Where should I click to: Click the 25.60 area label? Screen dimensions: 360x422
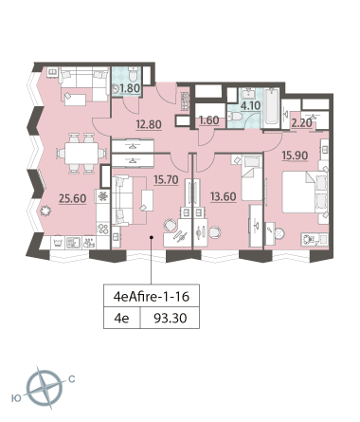[73, 198]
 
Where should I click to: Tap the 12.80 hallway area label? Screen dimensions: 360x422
[149, 124]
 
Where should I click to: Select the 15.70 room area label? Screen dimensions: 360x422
[166, 180]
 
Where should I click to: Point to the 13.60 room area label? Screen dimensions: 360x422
[224, 196]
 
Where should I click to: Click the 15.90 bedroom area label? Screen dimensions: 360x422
[295, 156]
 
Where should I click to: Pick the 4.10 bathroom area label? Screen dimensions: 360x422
[250, 105]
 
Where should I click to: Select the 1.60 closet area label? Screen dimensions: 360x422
[208, 120]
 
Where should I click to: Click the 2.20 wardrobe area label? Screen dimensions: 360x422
[301, 122]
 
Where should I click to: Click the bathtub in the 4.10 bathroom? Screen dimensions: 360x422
[272, 107]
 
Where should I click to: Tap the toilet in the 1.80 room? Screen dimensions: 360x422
[134, 75]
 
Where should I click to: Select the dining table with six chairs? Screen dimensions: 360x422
[81, 154]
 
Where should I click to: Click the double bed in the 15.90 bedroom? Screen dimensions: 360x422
[304, 192]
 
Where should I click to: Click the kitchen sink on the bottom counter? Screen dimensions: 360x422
[73, 243]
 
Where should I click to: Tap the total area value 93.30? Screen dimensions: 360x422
[171, 318]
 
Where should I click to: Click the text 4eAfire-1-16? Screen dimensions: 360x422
[152, 297]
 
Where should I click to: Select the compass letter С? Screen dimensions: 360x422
[72, 378]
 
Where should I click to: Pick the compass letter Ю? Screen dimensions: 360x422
[16, 398]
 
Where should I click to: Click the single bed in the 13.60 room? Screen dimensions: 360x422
[251, 178]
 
